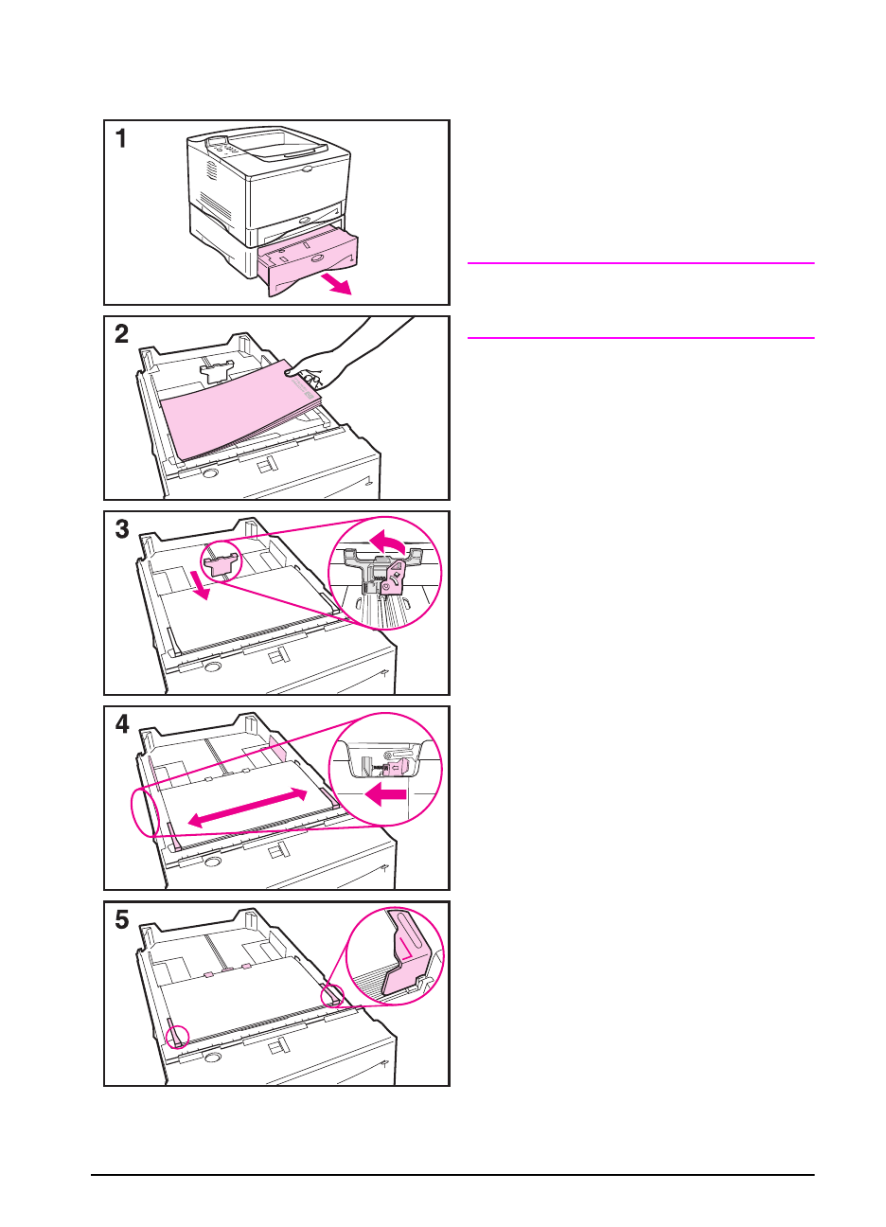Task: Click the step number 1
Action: pos(121,140)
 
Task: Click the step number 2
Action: pos(121,334)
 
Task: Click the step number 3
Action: pos(121,529)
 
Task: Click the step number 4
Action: pos(121,725)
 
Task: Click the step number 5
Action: pos(121,920)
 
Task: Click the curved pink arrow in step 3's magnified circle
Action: pos(388,542)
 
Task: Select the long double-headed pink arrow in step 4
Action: pos(248,808)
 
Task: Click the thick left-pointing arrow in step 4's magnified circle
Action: pos(386,793)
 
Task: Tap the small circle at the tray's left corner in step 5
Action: pos(176,1037)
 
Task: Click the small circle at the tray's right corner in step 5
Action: pos(331,996)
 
